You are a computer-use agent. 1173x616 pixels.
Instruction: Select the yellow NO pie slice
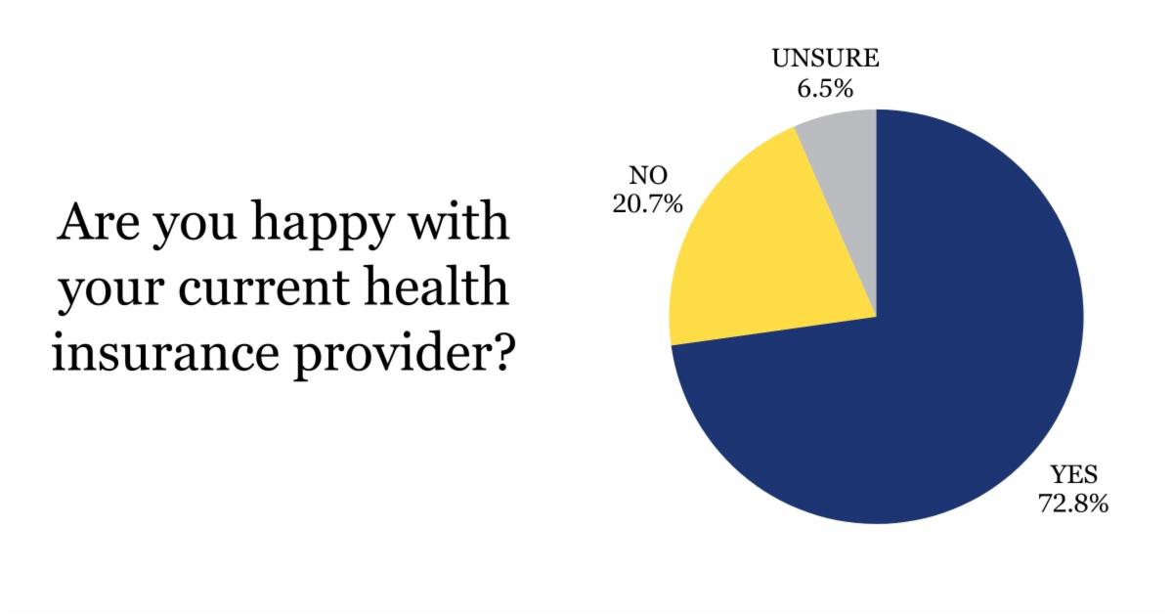[x=772, y=254]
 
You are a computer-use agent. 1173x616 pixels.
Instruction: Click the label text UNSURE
[x=825, y=59]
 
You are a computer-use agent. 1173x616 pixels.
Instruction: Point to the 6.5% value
[x=825, y=89]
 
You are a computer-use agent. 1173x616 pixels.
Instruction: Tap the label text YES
[x=1073, y=476]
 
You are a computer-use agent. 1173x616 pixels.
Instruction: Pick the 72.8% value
[x=1073, y=506]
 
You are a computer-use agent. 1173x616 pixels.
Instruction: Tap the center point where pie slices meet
[x=876, y=317]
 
